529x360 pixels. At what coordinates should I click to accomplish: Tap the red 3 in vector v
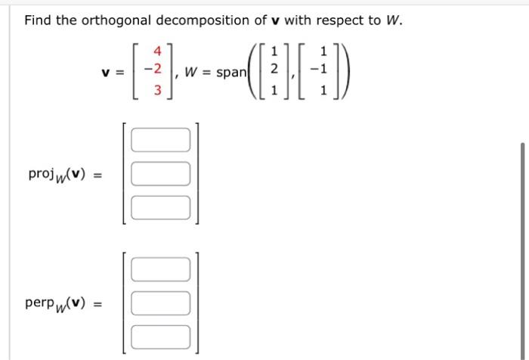click(x=158, y=90)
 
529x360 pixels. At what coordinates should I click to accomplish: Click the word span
click(x=233, y=73)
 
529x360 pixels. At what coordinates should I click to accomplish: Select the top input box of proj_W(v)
click(x=160, y=140)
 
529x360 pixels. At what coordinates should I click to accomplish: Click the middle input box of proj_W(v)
click(x=160, y=173)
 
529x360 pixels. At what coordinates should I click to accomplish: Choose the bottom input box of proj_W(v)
click(x=160, y=206)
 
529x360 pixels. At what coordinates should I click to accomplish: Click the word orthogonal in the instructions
click(x=113, y=20)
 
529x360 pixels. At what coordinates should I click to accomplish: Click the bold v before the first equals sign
click(x=107, y=73)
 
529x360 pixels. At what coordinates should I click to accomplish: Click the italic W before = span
click(x=193, y=73)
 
